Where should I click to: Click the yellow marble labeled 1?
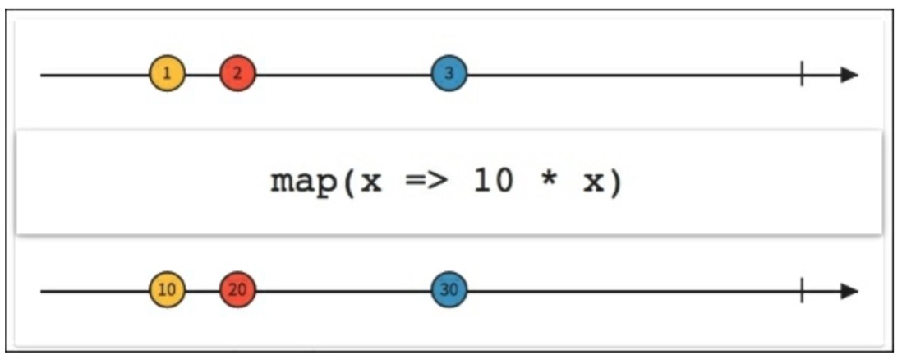click(x=168, y=75)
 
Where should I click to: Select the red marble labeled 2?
click(x=237, y=75)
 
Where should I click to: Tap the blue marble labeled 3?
click(x=449, y=75)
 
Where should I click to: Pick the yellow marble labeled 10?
click(x=168, y=291)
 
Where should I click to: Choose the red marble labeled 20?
click(x=237, y=291)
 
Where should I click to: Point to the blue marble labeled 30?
click(x=449, y=291)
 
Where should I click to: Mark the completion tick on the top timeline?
click(x=801, y=75)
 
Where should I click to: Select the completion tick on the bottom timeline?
click(x=801, y=291)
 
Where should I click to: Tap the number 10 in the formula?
click(x=493, y=182)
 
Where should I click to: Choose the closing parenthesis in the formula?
click(x=616, y=182)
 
